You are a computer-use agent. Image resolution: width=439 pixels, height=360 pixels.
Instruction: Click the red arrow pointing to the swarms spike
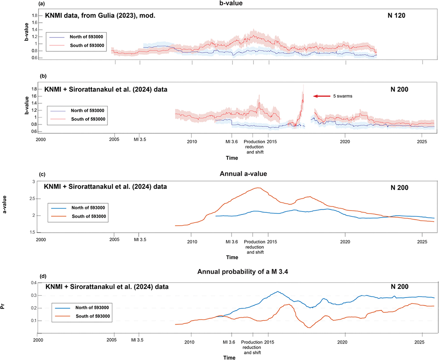pyautogui.click(x=322, y=96)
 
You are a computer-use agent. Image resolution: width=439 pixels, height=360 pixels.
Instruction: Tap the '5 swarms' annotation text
pyautogui.click(x=343, y=96)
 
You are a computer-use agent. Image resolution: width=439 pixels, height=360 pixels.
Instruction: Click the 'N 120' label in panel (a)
pyautogui.click(x=396, y=15)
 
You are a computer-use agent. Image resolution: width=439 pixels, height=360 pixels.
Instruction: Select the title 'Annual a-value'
pyautogui.click(x=243, y=174)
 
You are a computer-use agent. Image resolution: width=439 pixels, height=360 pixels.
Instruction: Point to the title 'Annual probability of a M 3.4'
pyautogui.click(x=243, y=272)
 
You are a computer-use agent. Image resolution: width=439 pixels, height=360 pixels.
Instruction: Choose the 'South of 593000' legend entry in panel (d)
pyautogui.click(x=82, y=316)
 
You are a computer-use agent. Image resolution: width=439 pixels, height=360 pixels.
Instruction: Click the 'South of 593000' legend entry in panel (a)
pyautogui.click(x=77, y=45)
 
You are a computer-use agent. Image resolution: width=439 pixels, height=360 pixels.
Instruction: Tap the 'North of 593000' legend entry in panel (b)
pyautogui.click(x=77, y=111)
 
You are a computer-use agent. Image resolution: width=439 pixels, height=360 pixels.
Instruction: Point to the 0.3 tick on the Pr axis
pyautogui.click(x=34, y=295)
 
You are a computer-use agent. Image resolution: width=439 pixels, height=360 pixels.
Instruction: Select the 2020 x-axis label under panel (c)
pyautogui.click(x=345, y=242)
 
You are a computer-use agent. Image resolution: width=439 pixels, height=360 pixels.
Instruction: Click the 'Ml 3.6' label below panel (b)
pyautogui.click(x=232, y=142)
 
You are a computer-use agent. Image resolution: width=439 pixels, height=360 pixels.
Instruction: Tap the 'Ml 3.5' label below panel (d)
pyautogui.click(x=137, y=340)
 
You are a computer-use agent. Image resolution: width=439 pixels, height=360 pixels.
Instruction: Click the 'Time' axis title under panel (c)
pyautogui.click(x=232, y=257)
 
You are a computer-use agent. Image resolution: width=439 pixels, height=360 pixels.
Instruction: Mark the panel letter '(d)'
pyautogui.click(x=43, y=276)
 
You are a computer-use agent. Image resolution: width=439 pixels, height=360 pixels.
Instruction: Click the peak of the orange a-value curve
pyautogui.click(x=258, y=188)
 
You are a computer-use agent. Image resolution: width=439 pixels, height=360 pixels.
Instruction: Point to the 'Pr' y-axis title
pyautogui.click(x=3, y=307)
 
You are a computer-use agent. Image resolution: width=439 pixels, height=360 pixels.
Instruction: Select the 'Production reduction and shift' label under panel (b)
pyautogui.click(x=255, y=147)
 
